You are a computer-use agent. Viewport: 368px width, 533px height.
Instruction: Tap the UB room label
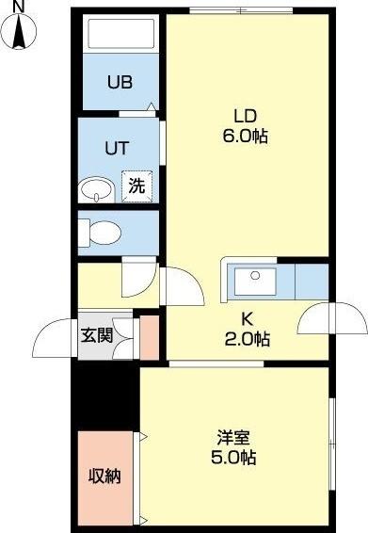(x=119, y=82)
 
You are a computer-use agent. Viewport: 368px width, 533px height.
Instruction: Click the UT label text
(x=117, y=148)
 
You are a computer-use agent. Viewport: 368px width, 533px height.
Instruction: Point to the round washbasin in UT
(x=94, y=188)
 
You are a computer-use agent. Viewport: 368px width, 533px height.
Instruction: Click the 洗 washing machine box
(x=136, y=186)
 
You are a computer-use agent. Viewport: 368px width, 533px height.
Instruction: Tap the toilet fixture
(x=99, y=232)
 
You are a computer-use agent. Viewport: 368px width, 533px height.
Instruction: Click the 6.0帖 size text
(x=246, y=137)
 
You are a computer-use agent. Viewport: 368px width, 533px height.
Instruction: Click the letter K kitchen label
(x=248, y=318)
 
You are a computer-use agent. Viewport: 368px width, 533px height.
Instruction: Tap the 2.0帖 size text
(x=248, y=338)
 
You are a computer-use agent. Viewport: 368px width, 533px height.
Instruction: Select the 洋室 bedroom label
(x=233, y=438)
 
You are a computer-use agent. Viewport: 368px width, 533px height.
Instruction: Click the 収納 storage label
(x=104, y=476)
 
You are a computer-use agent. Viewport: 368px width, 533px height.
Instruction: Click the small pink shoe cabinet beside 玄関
(x=148, y=338)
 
